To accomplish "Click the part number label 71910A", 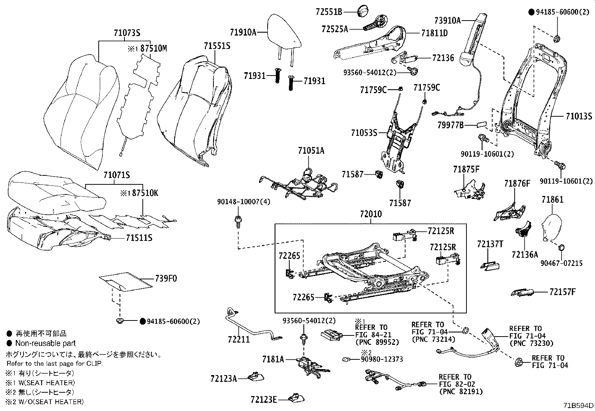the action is point(243,32).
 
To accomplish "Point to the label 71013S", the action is point(579,116).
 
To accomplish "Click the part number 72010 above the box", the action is point(371,214).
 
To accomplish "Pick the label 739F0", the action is point(166,278).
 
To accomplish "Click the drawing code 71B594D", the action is point(578,405).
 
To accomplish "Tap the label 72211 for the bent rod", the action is point(239,340).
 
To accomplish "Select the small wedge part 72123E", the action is point(297,398).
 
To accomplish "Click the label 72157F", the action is point(562,292).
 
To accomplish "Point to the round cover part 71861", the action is point(551,228).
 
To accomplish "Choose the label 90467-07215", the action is point(561,263).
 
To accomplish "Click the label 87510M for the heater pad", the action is point(154,48).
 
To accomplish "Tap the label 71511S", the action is point(139,238).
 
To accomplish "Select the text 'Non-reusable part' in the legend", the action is point(46,343).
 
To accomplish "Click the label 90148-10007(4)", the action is point(244,202).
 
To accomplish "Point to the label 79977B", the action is point(450,125).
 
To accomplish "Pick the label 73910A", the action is point(448,21).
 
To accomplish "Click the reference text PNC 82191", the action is point(461,392).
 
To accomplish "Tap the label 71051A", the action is point(311,150).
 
